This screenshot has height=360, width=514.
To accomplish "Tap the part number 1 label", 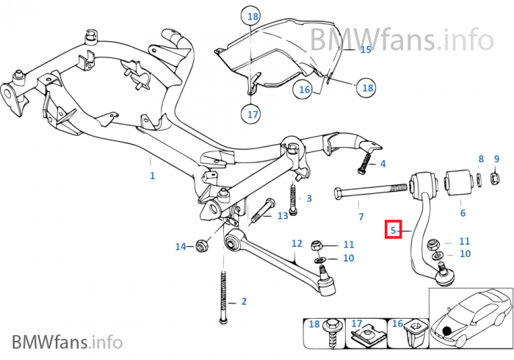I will (x=152, y=176).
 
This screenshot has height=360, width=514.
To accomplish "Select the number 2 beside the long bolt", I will (x=244, y=301).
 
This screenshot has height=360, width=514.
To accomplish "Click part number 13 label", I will (x=283, y=215).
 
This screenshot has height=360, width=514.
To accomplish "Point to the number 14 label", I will (x=181, y=246).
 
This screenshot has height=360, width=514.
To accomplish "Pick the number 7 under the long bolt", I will (x=361, y=217).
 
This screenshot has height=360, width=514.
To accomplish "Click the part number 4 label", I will (x=383, y=163).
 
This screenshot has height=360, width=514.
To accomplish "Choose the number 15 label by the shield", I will (x=366, y=50).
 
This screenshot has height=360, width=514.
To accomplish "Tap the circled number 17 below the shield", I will (x=252, y=115).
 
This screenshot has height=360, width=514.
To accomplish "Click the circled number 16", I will (x=305, y=90).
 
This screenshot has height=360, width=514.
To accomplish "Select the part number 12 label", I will (x=297, y=242).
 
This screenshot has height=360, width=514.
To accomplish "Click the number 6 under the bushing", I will (x=463, y=213).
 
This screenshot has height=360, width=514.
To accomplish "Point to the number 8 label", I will (x=481, y=159).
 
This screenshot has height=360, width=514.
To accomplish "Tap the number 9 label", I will (x=496, y=159).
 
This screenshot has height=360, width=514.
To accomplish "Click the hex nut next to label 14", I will (x=203, y=246).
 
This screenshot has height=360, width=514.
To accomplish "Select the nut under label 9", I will (x=496, y=178).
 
